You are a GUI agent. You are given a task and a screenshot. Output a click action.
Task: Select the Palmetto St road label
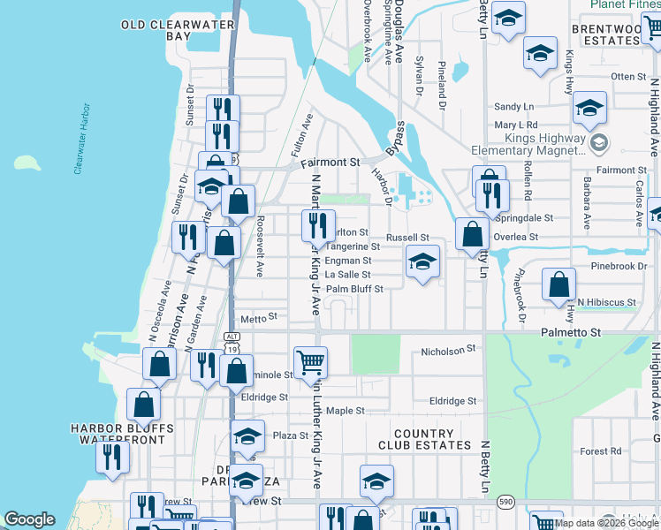click(570, 332)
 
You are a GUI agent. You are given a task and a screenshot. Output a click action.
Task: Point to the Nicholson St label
click(448, 351)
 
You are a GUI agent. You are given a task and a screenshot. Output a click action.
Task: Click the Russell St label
click(407, 237)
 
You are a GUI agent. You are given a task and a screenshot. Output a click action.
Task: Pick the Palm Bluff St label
click(354, 289)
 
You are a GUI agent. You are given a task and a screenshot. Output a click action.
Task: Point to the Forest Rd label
click(601, 451)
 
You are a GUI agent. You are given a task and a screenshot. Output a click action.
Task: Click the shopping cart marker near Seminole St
click(310, 361)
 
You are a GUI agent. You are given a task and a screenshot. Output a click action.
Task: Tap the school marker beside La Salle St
click(422, 261)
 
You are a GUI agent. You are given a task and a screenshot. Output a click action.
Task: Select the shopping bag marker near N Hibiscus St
click(558, 284)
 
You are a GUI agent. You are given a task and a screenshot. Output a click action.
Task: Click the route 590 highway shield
click(505, 501)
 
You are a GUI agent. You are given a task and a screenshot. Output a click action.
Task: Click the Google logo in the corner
click(29, 519)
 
